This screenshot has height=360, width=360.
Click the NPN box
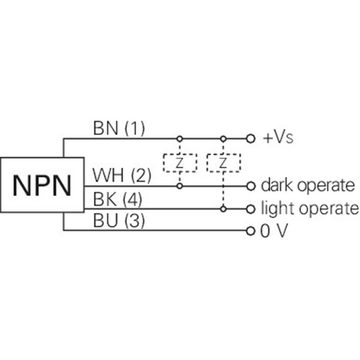(42, 184)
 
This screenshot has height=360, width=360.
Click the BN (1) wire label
(119, 129)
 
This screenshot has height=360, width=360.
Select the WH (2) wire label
(121, 175)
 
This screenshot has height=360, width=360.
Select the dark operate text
(308, 185)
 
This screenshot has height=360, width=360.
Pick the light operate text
(310, 209)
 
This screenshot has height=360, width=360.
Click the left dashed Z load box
(180, 163)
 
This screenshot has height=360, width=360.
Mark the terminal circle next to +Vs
(251, 138)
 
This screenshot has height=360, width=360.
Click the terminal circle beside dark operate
(251, 185)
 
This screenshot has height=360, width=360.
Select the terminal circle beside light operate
(251, 209)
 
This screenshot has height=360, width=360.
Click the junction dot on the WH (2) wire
(180, 185)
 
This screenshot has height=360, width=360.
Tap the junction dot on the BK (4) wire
(222, 209)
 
